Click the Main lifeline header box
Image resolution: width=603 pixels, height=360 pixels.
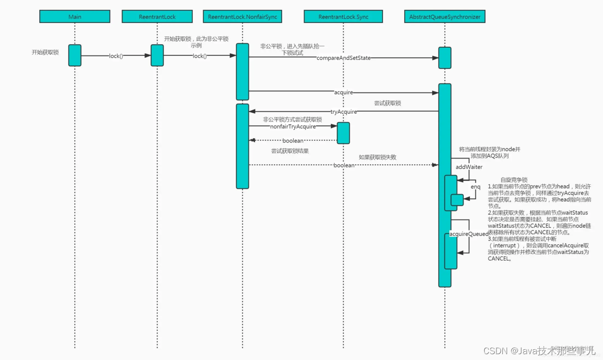tap(75, 17)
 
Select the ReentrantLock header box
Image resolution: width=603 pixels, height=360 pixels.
tap(157, 17)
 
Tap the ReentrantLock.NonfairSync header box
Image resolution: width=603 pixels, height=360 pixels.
tap(242, 17)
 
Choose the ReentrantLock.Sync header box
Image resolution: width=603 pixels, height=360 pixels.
tap(343, 17)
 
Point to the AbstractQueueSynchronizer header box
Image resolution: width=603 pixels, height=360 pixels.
tap(445, 17)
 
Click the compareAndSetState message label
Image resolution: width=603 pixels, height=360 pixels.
tap(343, 58)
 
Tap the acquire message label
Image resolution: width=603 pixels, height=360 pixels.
tap(344, 92)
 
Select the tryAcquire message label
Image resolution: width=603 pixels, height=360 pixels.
tap(344, 112)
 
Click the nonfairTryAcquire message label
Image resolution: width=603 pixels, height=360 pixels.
tap(293, 126)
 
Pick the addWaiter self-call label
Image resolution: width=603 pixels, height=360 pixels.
tap(469, 167)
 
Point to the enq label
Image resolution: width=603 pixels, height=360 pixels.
tap(475, 187)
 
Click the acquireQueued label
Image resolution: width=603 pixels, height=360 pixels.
tap(469, 234)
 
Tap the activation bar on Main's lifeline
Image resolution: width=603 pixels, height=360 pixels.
tap(75, 55)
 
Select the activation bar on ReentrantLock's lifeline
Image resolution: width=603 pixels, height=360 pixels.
tap(157, 55)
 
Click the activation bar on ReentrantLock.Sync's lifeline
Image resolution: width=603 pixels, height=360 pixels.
tap(343, 133)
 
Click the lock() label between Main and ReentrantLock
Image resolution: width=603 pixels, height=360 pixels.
tap(116, 56)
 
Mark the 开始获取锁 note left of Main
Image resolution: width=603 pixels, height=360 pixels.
tap(45, 52)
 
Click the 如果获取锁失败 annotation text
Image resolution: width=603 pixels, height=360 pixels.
tap(377, 157)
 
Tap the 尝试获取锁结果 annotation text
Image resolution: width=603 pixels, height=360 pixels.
tap(290, 151)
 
